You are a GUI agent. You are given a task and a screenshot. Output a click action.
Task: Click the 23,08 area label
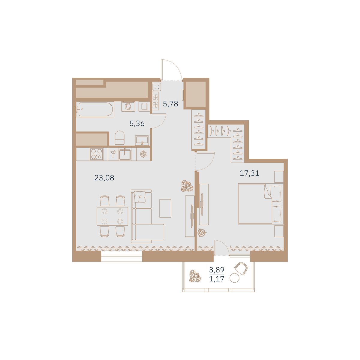pos(104,178)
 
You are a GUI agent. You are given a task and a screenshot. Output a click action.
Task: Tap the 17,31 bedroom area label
pos(249,173)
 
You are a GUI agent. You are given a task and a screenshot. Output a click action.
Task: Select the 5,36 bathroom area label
pos(137,124)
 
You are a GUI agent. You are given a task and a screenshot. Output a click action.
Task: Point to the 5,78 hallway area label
pos(170,103)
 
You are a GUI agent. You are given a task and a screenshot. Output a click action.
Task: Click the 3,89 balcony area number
pos(217,270)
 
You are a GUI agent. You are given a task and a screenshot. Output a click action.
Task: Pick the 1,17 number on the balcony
pos(217,279)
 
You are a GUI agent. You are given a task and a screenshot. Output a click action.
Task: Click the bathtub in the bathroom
pos(95,109)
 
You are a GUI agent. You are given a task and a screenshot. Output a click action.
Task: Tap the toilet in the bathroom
pos(120,137)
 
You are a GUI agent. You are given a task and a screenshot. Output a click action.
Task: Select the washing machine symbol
pos(128,106)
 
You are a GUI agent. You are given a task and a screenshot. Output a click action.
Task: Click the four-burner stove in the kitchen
pos(96,154)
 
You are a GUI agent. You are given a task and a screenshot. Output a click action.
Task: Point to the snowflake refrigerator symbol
pos(143,154)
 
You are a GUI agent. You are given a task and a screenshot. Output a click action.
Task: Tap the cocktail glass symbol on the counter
pos(113,154)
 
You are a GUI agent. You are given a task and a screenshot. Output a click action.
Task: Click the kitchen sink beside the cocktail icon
pos(125,154)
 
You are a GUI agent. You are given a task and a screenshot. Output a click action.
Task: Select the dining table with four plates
pos(112,216)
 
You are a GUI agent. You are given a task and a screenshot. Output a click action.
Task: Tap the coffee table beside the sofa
pos(165,208)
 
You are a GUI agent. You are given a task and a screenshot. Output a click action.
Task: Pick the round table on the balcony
pos(235,278)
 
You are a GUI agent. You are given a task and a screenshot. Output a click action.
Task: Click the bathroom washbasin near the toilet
pos(142,140)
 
